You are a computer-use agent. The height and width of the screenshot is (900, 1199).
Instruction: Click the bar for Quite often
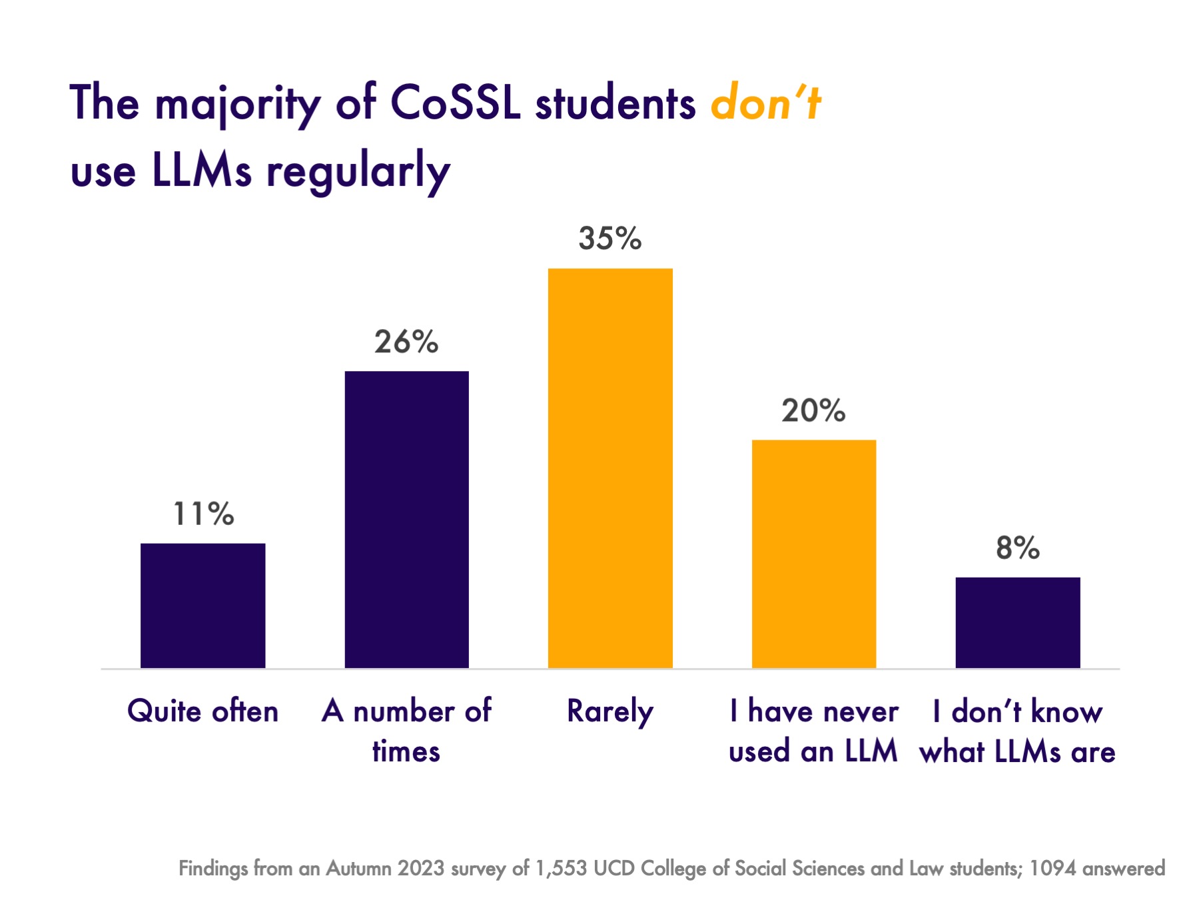(x=202, y=606)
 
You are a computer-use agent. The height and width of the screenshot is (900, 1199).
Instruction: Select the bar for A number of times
(x=406, y=520)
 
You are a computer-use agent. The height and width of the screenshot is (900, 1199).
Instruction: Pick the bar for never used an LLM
(x=813, y=554)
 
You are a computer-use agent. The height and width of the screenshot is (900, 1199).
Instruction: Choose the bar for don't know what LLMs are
(x=1017, y=622)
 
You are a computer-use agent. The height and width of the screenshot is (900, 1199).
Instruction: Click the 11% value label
(x=203, y=514)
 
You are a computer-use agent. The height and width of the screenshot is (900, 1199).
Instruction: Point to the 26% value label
(x=406, y=342)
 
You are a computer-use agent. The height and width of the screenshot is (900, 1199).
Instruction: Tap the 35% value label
(x=610, y=238)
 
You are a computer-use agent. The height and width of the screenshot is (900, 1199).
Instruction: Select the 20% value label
(x=813, y=411)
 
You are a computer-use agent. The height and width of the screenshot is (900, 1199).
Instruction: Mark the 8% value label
(x=1017, y=548)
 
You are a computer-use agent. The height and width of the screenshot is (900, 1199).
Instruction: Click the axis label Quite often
(x=202, y=711)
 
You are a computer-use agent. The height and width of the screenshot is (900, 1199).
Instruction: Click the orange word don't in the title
(x=765, y=103)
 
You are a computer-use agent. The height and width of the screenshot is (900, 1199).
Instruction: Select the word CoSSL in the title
(x=455, y=103)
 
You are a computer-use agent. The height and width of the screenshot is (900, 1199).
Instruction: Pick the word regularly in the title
(x=358, y=172)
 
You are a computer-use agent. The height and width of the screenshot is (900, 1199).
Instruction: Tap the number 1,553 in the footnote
(x=561, y=869)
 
